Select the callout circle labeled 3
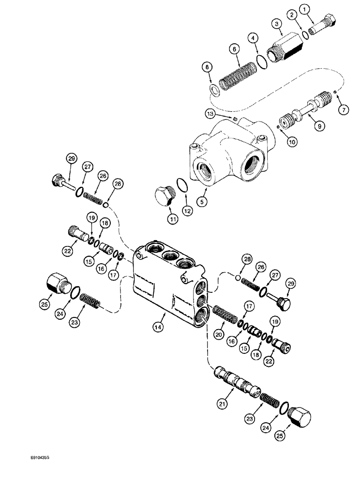[277, 24]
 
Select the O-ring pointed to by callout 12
[180, 186]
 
